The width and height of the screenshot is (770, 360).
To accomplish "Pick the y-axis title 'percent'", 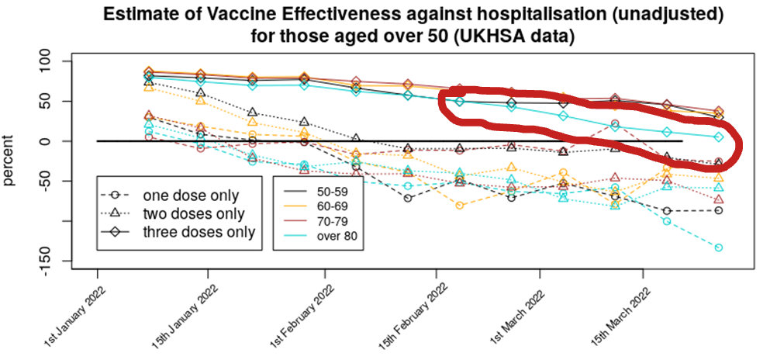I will click(10, 161).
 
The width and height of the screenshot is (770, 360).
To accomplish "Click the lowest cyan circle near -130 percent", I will click(719, 247).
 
